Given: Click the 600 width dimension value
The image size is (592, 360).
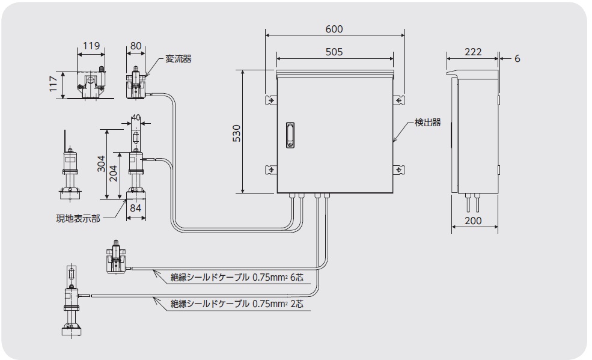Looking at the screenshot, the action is click(334, 29).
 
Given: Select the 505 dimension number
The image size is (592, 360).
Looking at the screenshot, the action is click(334, 52).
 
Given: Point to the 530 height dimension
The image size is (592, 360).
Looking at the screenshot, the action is click(236, 133).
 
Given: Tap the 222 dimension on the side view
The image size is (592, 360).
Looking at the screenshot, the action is click(473, 52).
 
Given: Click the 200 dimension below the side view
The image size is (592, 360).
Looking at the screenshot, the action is click(473, 221).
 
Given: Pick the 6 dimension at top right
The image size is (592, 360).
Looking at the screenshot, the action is click(517, 58).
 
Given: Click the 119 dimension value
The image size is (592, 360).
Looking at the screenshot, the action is click(91, 46).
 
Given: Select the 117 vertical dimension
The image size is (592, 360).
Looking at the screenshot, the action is click(53, 84).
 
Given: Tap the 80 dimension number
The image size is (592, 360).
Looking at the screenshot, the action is click(136, 46).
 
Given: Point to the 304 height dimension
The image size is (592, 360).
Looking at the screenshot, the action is click(101, 164).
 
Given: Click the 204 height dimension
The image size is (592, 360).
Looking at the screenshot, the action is click(113, 173).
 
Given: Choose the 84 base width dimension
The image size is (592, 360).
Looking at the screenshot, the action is click(136, 208).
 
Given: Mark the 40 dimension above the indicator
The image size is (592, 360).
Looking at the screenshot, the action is click(136, 117).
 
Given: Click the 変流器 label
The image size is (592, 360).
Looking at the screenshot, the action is click(179, 59).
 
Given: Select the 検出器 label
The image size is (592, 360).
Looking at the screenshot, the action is click(428, 122).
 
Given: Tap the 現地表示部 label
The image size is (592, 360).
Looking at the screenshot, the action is click(78, 219).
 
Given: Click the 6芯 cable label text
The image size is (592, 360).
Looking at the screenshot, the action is click(297, 277).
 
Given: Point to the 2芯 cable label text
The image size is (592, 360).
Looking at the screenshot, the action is click(297, 304).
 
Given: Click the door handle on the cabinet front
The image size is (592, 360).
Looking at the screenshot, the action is click(290, 135).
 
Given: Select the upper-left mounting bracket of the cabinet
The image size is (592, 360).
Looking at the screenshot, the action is click(271, 100).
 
